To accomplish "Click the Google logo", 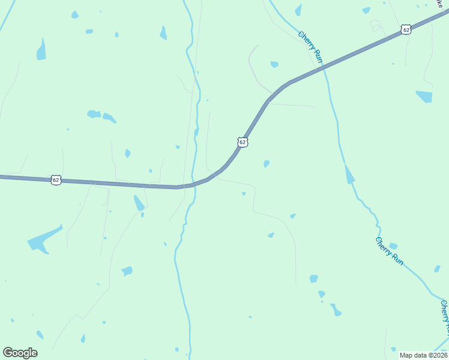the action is click(20, 353).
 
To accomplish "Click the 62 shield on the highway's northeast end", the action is click(406, 29).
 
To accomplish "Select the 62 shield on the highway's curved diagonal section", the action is click(242, 142).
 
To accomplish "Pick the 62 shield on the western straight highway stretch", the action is click(56, 179).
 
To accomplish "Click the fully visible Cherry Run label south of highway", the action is click(390, 251).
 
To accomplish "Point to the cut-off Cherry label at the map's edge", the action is click(444, 318).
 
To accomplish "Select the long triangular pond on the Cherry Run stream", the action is click(349, 175).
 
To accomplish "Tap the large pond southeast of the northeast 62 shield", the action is click(424, 96).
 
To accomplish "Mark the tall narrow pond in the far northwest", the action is click(41, 50).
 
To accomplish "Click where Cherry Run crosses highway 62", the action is click(324, 68).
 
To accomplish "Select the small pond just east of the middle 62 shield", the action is click(266, 163).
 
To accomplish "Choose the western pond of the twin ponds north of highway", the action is click(94, 113).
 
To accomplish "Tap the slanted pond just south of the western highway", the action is click(139, 202).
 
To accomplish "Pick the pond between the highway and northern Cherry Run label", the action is click(274, 64).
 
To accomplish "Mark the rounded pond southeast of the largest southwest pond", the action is click(127, 271).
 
